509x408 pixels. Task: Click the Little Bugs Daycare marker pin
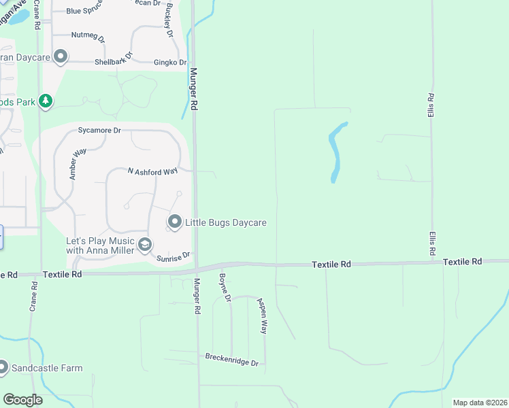[x=175, y=222]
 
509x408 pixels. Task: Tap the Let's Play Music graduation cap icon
[x=144, y=245]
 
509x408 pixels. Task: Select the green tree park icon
[x=46, y=102]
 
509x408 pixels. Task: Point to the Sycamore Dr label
[x=99, y=130]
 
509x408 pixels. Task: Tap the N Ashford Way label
[x=153, y=172]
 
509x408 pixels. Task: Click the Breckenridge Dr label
[x=232, y=360]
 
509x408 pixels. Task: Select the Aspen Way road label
[x=262, y=316]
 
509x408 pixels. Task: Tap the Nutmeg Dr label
[x=88, y=35]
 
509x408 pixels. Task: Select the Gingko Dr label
[x=169, y=62]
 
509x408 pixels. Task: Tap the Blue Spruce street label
[x=84, y=12]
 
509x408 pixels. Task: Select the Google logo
[x=23, y=400]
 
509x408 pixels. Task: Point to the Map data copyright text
[x=479, y=403]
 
